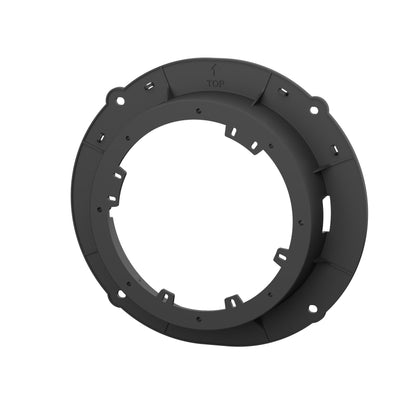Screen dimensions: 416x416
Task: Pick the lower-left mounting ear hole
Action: coord(113,294)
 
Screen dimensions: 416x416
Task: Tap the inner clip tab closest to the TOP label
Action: coord(232,130)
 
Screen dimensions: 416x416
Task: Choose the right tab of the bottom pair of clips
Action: coord(231,300)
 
